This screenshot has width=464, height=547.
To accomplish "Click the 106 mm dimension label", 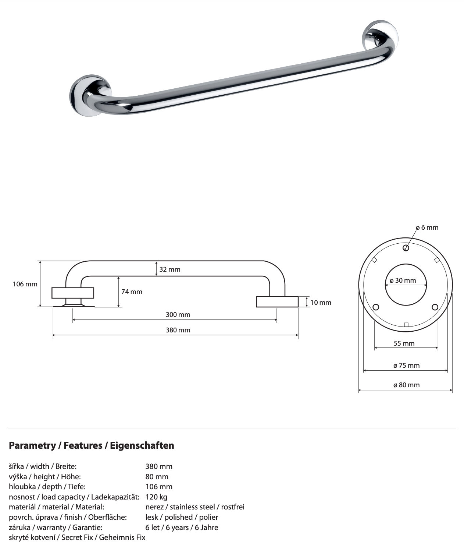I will click(25, 284).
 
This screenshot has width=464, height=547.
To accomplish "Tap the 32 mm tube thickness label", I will click(169, 269).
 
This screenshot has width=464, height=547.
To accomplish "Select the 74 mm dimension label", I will click(132, 292).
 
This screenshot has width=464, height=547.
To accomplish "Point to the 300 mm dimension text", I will click(178, 315).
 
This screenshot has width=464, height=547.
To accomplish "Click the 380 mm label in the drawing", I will click(178, 330).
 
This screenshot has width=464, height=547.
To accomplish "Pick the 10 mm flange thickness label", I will click(321, 303).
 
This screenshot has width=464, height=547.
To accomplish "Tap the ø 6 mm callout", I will click(427, 227).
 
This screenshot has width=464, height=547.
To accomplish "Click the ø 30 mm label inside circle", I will click(403, 280).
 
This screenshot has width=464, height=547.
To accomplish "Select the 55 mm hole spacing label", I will click(404, 343).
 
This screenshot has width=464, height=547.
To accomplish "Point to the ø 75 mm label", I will click(406, 366).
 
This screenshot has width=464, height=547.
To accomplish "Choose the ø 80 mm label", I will click(406, 385).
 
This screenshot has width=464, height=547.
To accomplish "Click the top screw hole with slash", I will click(406, 248).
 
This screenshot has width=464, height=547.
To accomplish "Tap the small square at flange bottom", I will click(406, 325).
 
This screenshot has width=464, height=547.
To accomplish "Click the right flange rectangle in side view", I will click(277, 302).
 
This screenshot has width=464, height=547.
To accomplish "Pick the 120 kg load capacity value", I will click(156, 497).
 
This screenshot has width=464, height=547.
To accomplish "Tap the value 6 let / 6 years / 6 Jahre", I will click(182, 527).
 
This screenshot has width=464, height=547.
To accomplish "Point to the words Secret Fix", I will click(77, 537).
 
